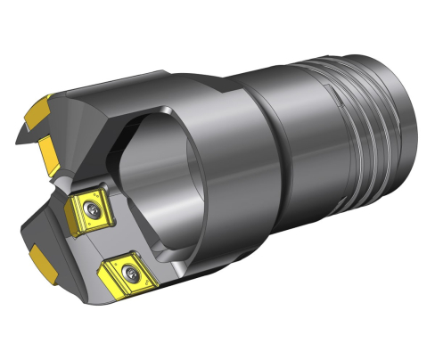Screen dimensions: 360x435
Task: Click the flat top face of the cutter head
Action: click(134, 94)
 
